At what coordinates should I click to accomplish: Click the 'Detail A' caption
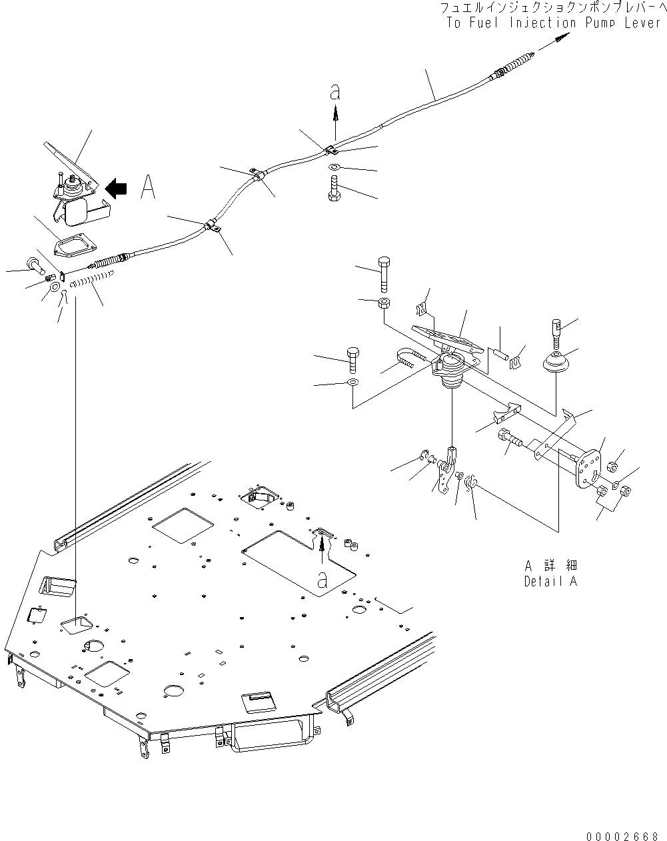(550, 580)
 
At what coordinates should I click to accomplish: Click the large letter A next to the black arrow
(148, 189)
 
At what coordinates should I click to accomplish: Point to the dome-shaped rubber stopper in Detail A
(555, 367)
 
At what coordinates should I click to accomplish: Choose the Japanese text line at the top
(550, 7)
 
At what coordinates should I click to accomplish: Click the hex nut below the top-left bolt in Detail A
(383, 304)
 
